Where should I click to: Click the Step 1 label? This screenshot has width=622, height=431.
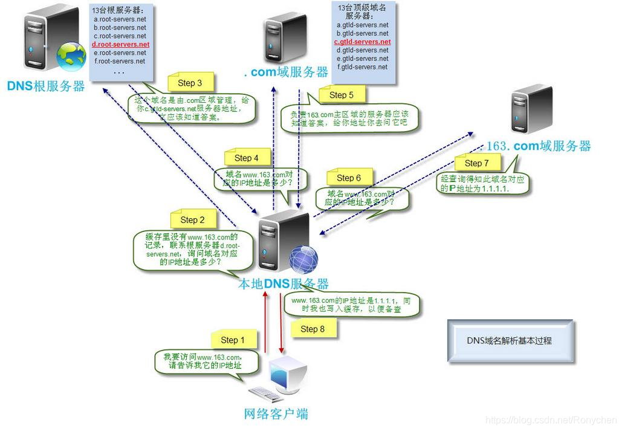(233, 340)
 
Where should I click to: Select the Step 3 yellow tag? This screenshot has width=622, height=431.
(190, 83)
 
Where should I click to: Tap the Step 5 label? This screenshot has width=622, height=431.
(341, 95)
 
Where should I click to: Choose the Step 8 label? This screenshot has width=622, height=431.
(313, 329)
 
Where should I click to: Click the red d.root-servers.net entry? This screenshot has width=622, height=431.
(120, 45)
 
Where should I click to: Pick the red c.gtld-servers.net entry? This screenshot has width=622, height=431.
(362, 42)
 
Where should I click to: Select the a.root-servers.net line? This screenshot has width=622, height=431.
(120, 19)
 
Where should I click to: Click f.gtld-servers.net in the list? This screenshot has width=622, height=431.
(362, 67)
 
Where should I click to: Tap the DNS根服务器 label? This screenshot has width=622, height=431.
(46, 86)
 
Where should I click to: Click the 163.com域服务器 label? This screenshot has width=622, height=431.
(539, 146)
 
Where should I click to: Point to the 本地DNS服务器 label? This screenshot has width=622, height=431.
(284, 284)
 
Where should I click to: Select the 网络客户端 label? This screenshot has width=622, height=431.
(276, 413)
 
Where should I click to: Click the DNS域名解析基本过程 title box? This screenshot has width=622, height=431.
(509, 341)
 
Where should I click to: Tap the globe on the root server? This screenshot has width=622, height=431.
(71, 55)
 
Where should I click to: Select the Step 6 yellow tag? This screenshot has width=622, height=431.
(349, 178)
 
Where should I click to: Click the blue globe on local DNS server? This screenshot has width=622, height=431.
(304, 259)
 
